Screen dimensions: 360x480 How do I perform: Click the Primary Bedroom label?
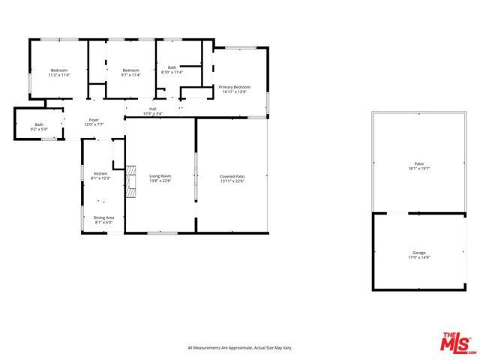(234, 87)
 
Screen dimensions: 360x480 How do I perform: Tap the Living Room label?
(160, 175)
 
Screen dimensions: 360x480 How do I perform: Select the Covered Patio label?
(232, 175)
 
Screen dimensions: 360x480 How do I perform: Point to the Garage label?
(418, 253)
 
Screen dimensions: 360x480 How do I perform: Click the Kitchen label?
(100, 173)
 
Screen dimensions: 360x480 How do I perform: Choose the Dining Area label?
(103, 217)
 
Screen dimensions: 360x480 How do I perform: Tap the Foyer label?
(94, 120)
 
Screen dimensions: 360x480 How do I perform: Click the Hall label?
(152, 109)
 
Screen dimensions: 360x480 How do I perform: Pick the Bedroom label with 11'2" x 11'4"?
(58, 70)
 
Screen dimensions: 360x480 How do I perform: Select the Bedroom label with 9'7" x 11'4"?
(131, 70)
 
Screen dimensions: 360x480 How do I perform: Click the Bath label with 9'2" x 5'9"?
(39, 124)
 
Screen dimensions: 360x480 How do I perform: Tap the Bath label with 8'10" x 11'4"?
(172, 67)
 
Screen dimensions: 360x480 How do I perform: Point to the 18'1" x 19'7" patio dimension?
(418, 169)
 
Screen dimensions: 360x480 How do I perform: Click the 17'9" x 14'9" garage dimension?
(418, 258)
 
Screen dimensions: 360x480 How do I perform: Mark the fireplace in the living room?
(131, 181)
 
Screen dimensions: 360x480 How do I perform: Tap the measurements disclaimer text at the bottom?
(239, 348)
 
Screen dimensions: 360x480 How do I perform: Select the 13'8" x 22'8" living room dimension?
(160, 181)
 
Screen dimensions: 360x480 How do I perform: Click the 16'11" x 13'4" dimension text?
(234, 92)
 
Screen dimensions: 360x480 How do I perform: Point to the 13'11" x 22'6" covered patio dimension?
(232, 181)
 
